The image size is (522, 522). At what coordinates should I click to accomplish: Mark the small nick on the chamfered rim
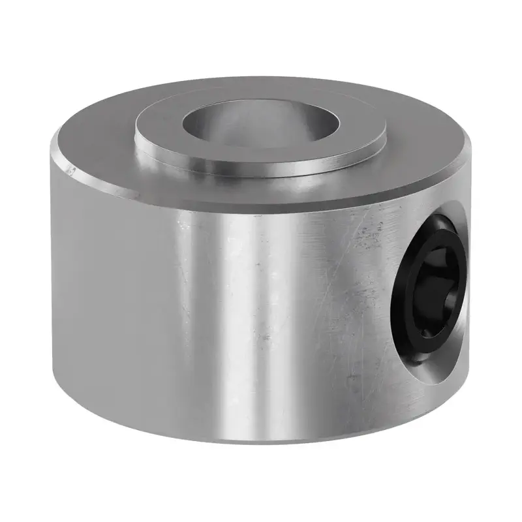tap(71, 172)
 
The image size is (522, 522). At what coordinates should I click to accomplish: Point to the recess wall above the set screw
tap(450, 219)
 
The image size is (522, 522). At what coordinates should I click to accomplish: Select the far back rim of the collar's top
tap(261, 83)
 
